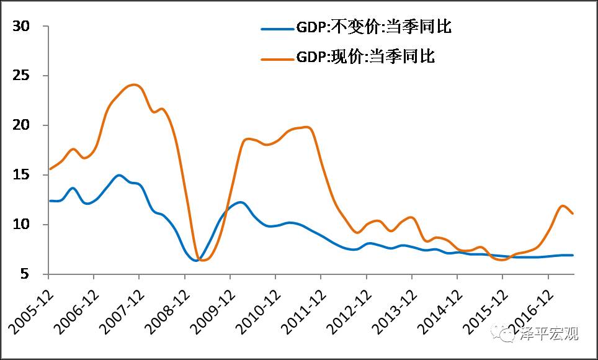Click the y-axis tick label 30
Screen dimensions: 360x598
tap(22, 27)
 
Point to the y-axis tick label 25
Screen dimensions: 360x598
tap(22, 76)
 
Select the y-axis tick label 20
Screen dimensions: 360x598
tap(22, 125)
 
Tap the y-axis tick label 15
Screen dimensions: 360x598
tap(22, 175)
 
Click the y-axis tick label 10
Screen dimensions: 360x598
tap(22, 224)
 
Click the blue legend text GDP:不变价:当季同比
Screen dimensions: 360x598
tap(373, 28)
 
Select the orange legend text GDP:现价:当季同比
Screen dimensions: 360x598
tap(366, 57)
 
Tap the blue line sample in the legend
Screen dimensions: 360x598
tap(277, 29)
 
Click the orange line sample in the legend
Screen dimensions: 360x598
tap(277, 58)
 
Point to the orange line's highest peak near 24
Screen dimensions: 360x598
tap(135, 84)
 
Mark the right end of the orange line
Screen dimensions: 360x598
tap(572, 214)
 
